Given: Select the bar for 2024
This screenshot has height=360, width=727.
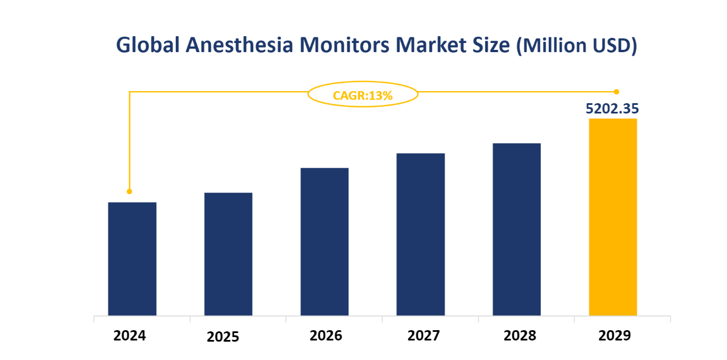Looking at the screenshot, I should point(132,259).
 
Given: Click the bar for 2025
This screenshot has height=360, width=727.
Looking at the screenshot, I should point(229,254).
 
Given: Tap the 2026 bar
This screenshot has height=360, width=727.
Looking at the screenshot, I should point(325,241).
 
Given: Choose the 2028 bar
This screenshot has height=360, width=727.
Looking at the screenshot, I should point(517,229).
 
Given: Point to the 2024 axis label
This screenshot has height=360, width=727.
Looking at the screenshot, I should point(129,335).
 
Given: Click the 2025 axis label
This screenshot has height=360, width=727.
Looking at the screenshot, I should point(223,336).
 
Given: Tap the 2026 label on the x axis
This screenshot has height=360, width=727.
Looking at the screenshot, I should point(325,335).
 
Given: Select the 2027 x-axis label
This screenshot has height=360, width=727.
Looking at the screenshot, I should point(423,335).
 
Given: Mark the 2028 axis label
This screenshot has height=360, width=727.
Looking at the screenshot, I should point(520,335).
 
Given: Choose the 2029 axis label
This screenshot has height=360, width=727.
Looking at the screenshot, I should point(614,335).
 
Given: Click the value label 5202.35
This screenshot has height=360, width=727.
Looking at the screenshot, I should point(612,109).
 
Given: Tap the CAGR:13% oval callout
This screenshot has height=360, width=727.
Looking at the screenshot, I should point(363,95).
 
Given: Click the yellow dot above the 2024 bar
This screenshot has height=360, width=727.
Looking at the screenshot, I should point(129,191).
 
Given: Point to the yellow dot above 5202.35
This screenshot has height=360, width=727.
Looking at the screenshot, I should point(616,92).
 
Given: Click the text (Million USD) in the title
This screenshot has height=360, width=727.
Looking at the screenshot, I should point(576,46).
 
